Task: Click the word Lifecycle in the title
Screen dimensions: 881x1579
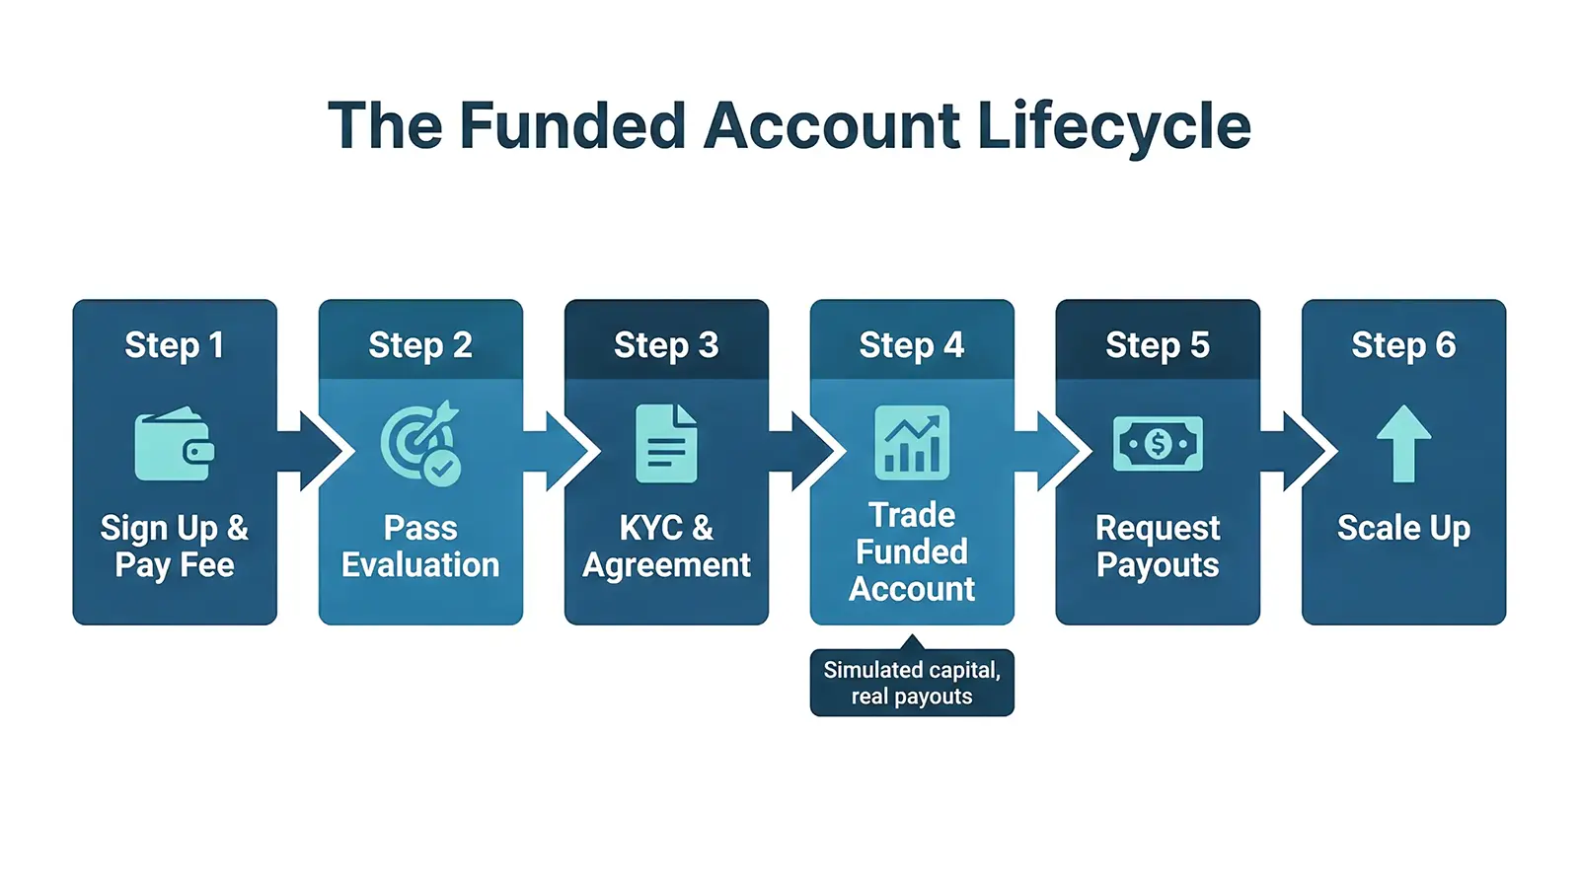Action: [x=1114, y=126]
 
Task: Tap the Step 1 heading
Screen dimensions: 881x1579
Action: [x=175, y=345]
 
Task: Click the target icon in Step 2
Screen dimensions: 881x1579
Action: [x=420, y=443]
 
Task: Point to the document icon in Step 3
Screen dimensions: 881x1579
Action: [x=666, y=443]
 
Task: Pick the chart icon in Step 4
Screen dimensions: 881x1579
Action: [x=912, y=442]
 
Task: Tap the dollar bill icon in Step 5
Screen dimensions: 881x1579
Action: [x=1158, y=444]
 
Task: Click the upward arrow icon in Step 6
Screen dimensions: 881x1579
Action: [x=1403, y=443]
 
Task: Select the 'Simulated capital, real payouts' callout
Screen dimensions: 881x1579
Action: [x=912, y=683]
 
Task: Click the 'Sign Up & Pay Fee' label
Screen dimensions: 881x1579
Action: [x=175, y=546]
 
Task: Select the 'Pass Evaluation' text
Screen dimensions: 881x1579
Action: [x=420, y=546]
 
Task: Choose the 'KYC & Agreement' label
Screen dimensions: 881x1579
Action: [x=666, y=546]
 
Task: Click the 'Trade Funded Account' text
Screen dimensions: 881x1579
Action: [x=912, y=551]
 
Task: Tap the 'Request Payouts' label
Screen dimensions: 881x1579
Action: [x=1158, y=546]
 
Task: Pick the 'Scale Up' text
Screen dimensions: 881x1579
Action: [x=1403, y=529]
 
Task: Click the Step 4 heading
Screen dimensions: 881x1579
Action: [x=912, y=345]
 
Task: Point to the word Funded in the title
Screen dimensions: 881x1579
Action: [x=572, y=126]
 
